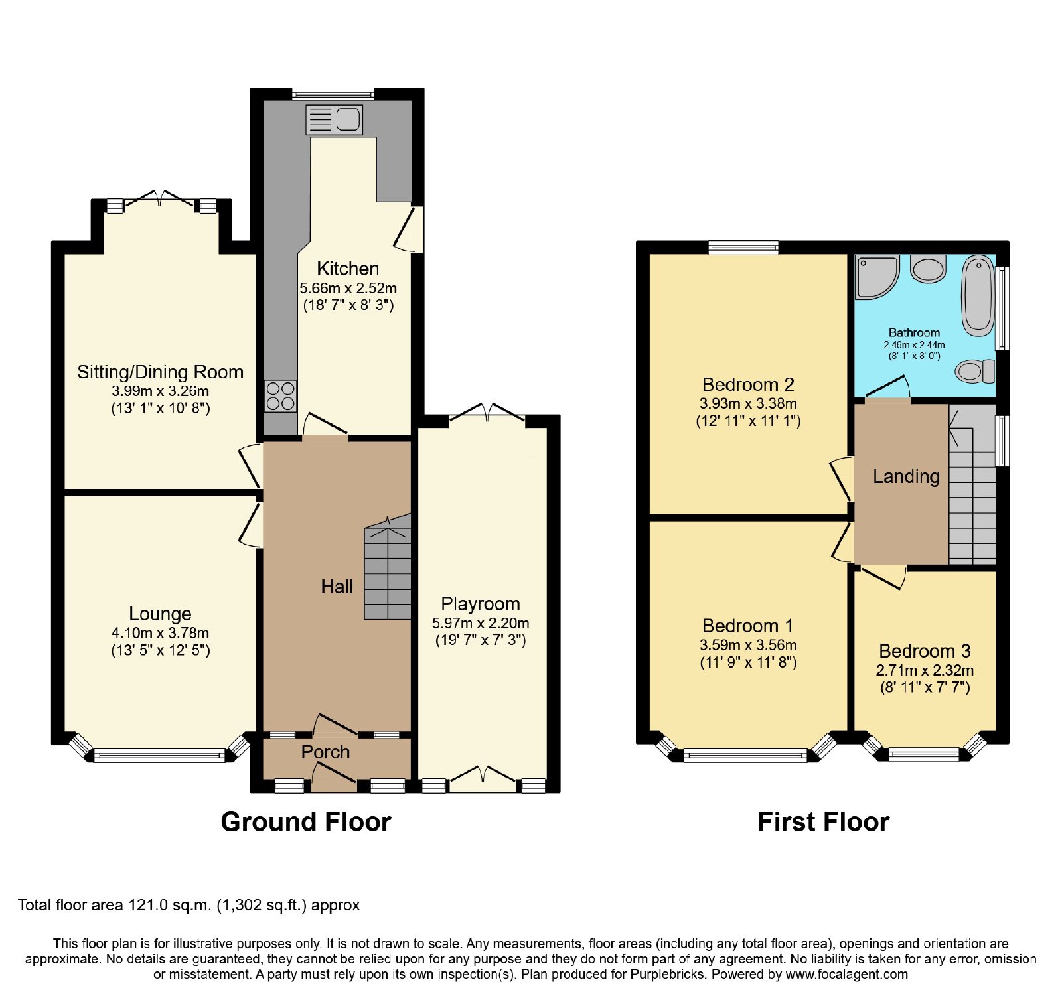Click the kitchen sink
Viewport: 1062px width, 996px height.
335,119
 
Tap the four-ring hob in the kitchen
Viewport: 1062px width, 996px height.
280,396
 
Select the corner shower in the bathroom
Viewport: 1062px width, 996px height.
877,277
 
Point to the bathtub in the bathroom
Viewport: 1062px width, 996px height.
978,294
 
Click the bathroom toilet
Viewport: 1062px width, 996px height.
975,371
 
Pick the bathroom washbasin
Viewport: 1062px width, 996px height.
928,269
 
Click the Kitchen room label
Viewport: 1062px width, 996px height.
348,269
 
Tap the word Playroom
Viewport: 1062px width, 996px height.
481,604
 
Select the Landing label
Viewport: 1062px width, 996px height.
906,476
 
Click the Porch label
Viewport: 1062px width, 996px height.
325,752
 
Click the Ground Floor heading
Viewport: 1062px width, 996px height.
306,821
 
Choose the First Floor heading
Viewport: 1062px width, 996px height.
823,821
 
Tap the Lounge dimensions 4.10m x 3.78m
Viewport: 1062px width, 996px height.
160,633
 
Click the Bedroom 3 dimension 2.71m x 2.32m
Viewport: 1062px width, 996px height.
925,670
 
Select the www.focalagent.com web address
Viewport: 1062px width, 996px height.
846,975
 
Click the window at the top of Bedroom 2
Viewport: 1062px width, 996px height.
743,248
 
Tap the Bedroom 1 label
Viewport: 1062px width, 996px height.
747,626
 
